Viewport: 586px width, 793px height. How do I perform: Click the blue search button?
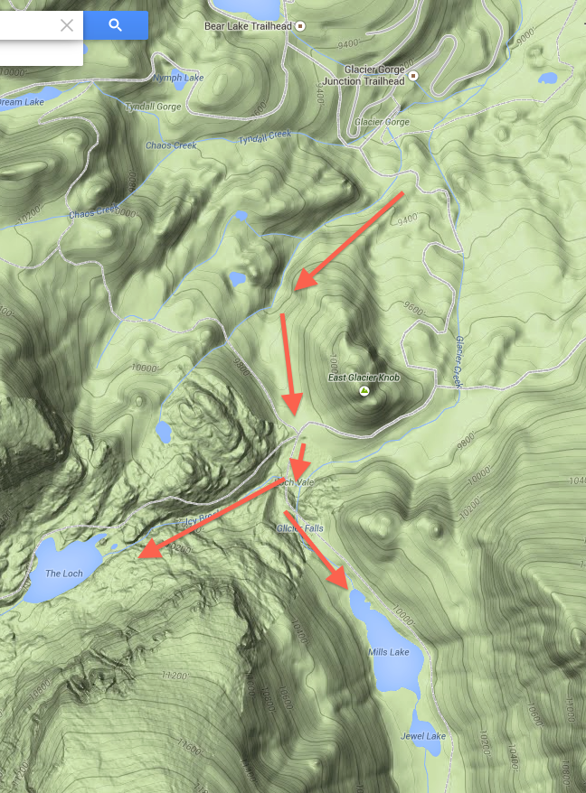click(x=116, y=25)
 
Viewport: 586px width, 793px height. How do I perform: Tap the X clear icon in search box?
click(x=67, y=25)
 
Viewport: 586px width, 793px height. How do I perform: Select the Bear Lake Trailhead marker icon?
click(x=301, y=25)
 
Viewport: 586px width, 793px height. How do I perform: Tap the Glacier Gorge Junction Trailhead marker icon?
click(x=413, y=75)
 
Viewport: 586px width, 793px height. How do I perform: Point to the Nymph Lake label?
click(x=178, y=78)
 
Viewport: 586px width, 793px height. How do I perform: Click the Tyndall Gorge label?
click(x=153, y=106)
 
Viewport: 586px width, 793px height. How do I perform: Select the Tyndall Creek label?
click(x=264, y=137)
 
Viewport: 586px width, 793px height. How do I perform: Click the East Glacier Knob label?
click(x=364, y=378)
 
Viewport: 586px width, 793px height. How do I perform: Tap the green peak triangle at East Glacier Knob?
click(x=364, y=391)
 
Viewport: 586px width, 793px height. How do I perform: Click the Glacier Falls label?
click(x=300, y=527)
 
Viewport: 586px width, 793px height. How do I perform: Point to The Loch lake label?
click(x=64, y=574)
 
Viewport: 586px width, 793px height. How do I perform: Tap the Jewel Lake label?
click(x=423, y=736)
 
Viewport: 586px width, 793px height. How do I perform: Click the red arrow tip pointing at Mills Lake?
click(x=345, y=585)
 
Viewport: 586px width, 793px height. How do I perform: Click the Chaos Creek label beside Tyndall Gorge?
click(x=171, y=145)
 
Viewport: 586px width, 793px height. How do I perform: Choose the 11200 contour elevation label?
click(x=174, y=676)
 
